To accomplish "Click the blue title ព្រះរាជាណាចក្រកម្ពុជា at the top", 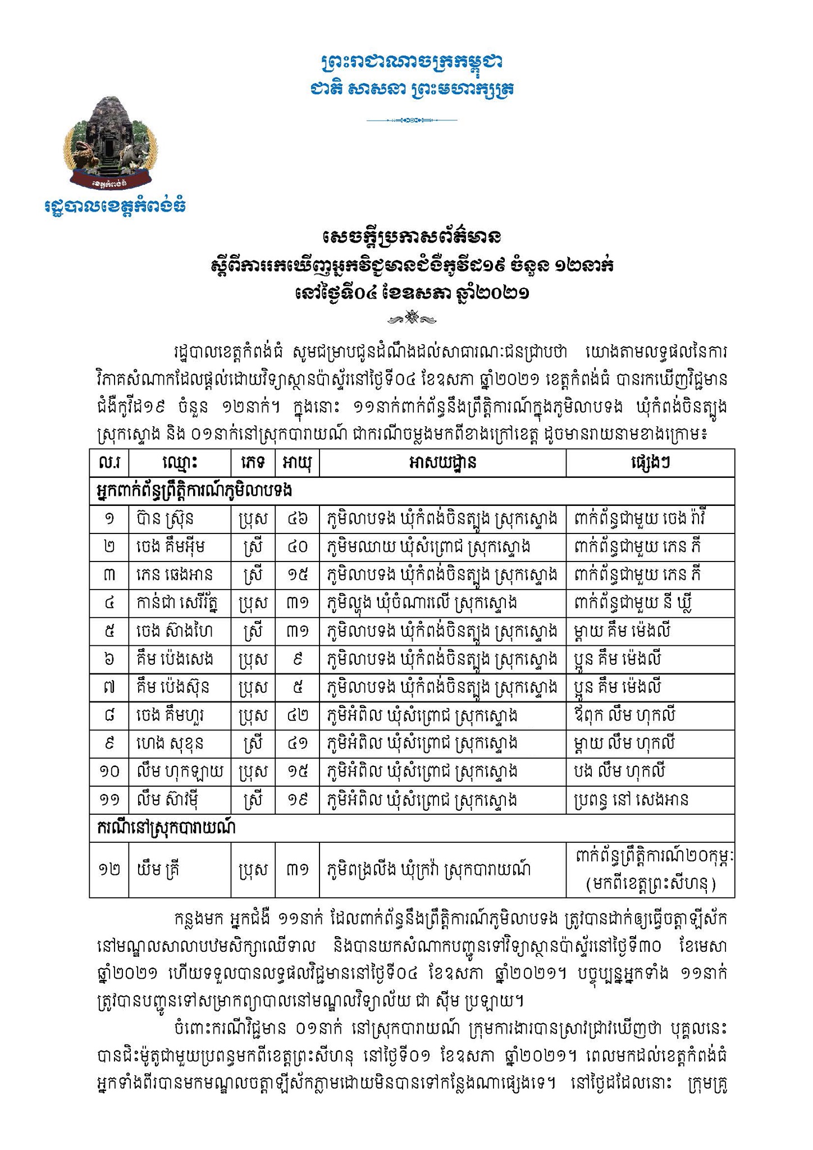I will (412, 62).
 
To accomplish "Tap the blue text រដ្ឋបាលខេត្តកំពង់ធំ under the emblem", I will (115, 206).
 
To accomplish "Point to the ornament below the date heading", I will (412, 319).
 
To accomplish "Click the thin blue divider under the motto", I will (412, 120).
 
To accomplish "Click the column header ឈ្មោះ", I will (179, 463).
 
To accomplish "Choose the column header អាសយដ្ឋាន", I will (442, 463).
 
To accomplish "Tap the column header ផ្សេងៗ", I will (650, 463).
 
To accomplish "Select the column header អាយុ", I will (297, 463).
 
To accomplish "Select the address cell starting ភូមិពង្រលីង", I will (430, 870).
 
